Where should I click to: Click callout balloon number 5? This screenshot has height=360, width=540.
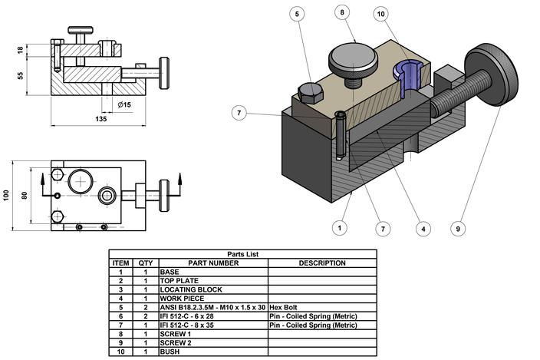297,14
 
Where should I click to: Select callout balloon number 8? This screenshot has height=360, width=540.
342,12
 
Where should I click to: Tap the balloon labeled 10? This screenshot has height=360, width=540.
381,14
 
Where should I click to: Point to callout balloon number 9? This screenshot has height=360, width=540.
457,227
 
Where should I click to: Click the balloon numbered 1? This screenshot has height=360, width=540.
338,227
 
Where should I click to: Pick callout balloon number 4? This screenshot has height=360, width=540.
421,227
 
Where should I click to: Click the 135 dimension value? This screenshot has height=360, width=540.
100,119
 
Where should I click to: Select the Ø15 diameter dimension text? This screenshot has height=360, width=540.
125,104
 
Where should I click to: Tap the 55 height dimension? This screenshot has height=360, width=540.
21,75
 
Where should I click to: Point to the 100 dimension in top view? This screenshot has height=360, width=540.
7,196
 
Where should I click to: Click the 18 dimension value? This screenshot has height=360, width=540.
21,50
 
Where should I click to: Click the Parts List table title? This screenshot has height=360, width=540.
243,254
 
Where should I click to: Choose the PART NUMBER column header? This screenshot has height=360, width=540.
213,263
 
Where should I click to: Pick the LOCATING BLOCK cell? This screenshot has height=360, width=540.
192,289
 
